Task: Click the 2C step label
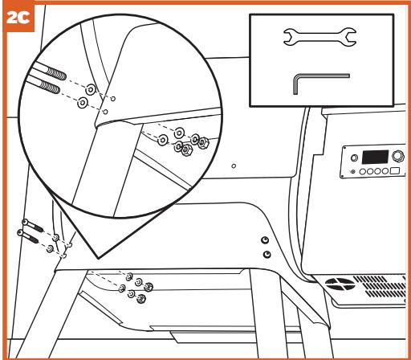click(x=18, y=18)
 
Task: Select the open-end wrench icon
click(x=319, y=37)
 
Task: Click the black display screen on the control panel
click(x=375, y=157)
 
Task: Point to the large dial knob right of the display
click(x=398, y=156)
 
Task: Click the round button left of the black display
click(x=354, y=157)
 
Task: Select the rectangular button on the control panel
click(x=395, y=170)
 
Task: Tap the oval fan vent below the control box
click(x=340, y=284)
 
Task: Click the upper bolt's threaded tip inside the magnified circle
click(x=56, y=75)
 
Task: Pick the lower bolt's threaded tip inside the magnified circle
click(x=50, y=87)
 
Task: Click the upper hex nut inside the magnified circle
click(x=203, y=142)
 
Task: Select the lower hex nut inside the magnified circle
click(x=186, y=149)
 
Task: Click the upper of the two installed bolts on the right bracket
click(x=265, y=240)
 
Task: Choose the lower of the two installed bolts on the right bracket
click(x=267, y=254)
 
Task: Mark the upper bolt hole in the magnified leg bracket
click(x=113, y=99)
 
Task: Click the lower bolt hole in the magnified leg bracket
click(x=106, y=112)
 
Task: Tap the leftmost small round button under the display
click(x=362, y=171)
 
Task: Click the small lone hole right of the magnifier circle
click(x=234, y=166)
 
